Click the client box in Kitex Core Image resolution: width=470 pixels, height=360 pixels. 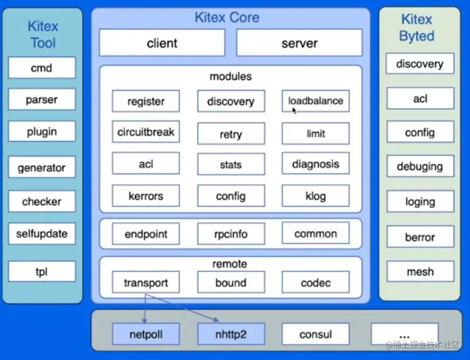(162, 43)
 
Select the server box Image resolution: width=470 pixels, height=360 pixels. (299, 43)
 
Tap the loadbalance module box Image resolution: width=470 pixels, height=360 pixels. (315, 101)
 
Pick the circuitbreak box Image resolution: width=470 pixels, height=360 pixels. (146, 132)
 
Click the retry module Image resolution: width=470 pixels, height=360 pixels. (231, 134)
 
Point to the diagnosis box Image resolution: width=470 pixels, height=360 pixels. (315, 164)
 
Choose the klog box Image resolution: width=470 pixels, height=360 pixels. (315, 196)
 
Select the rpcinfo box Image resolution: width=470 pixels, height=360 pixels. (231, 234)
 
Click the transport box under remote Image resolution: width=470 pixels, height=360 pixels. (146, 282)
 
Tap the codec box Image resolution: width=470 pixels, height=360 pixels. (315, 282)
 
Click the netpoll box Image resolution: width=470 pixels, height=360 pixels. (146, 334)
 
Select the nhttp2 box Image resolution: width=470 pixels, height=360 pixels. (231, 334)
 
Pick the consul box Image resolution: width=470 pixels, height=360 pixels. (315, 334)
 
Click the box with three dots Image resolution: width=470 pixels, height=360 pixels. (404, 334)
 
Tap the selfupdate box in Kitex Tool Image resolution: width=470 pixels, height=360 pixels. (42, 234)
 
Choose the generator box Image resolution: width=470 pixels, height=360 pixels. (42, 168)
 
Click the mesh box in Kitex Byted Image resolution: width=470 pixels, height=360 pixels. (420, 271)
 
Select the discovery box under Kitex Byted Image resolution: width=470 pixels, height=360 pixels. (420, 64)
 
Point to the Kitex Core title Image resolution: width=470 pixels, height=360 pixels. (227, 18)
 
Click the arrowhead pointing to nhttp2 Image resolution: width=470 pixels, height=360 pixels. (217, 320)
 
